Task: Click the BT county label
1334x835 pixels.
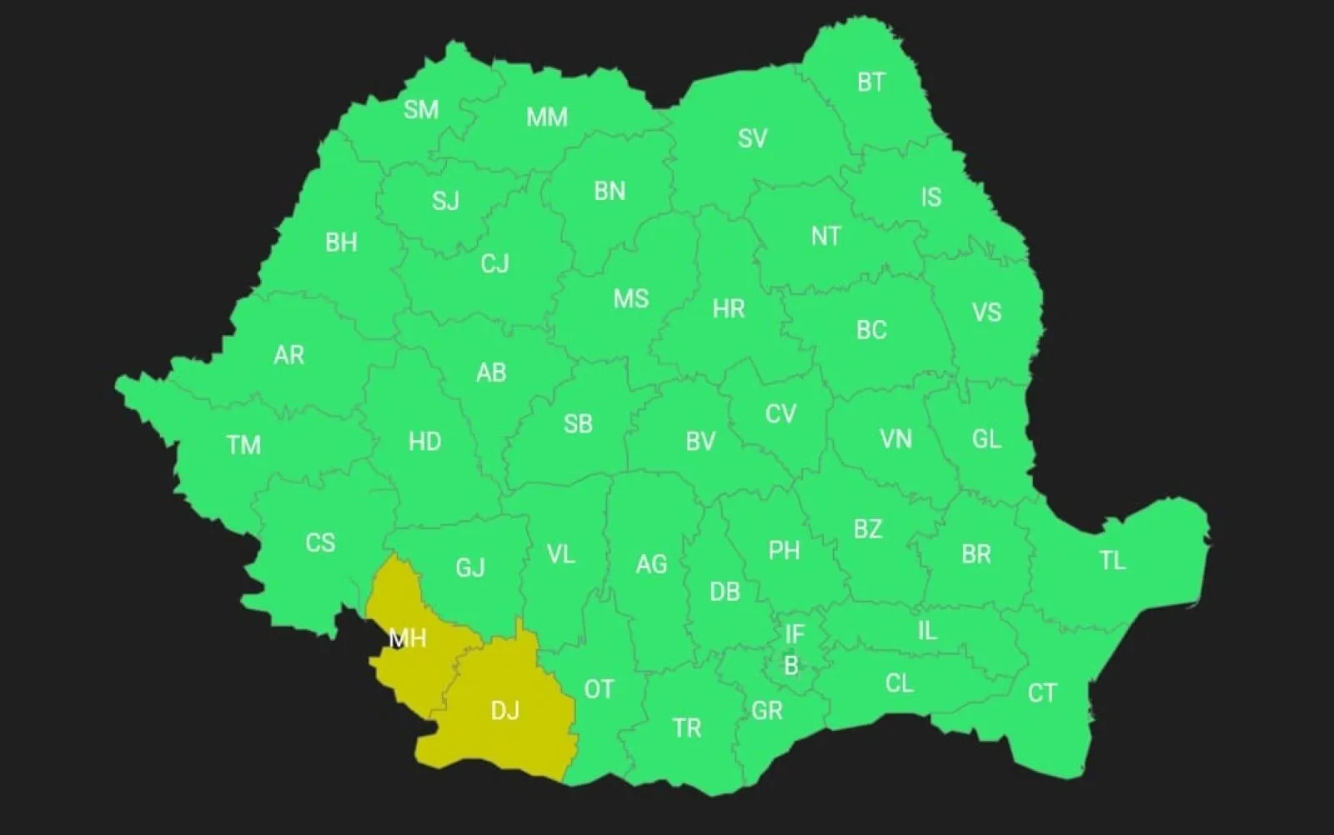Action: (871, 82)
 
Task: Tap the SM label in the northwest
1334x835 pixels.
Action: (421, 109)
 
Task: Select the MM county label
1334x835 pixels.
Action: (547, 117)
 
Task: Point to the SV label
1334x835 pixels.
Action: (752, 138)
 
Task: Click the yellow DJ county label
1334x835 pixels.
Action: (505, 710)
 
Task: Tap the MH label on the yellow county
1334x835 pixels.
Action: (408, 638)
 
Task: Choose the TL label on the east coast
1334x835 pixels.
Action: (1112, 561)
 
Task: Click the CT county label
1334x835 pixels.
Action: (1041, 692)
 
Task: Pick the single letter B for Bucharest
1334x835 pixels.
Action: (790, 666)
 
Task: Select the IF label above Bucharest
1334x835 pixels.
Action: (795, 635)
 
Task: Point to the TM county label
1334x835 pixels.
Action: (243, 445)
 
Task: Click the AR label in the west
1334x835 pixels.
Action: (288, 356)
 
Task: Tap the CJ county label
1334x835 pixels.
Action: (494, 264)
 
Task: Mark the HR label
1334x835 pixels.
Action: (728, 309)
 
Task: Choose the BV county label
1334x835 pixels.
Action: (700, 442)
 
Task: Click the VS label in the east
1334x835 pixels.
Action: (986, 312)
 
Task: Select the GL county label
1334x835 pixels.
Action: (986, 439)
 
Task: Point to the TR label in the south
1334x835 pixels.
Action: (687, 728)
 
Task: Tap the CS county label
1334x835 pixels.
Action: (320, 543)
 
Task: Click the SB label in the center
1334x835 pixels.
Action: (578, 424)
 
